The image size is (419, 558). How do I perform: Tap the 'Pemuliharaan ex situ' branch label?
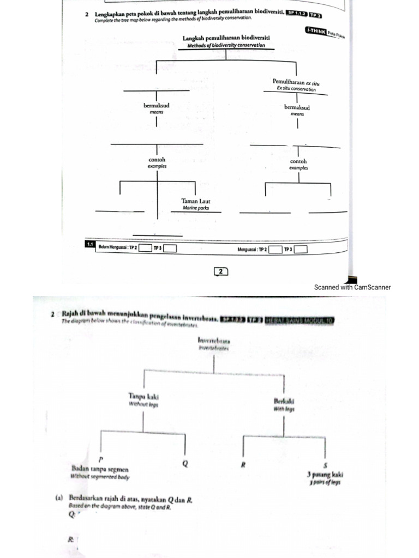295,81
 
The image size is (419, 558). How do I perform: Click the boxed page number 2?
220,271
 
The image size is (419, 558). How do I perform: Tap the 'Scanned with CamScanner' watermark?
352,287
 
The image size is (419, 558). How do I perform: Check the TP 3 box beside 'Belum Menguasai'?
170,249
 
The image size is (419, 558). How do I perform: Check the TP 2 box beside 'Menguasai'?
276,250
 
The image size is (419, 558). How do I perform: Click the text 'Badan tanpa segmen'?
100,469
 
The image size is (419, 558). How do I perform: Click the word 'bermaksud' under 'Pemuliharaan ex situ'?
297,107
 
